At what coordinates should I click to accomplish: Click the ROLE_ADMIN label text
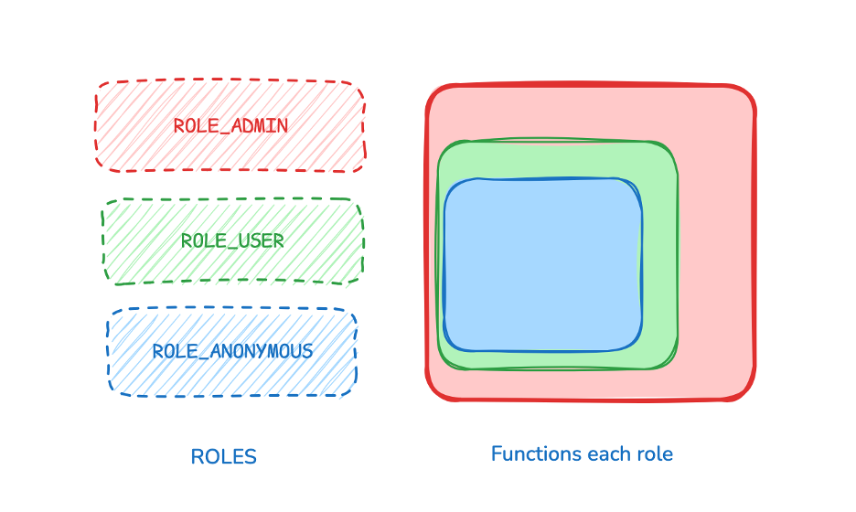tap(230, 126)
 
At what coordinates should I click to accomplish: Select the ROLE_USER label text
tap(232, 241)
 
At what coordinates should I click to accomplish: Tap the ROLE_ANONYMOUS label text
tap(232, 351)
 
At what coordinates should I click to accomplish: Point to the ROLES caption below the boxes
tap(223, 457)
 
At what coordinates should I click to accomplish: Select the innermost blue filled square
tap(542, 265)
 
